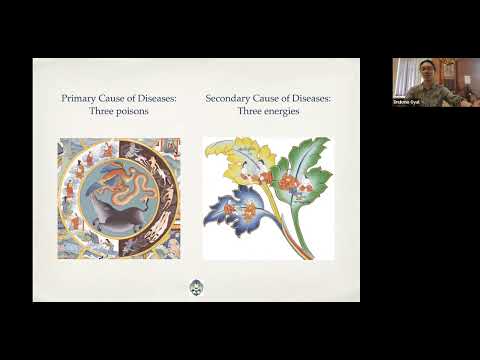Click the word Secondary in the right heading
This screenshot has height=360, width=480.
[229, 98]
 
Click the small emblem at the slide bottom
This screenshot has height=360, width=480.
[196, 288]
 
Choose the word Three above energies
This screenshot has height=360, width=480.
[249, 111]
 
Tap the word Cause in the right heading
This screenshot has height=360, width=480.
[267, 98]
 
